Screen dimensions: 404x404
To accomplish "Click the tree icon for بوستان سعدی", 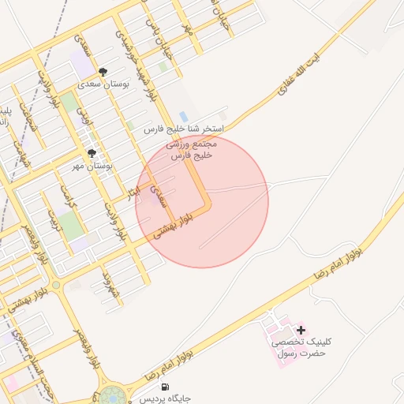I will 103,72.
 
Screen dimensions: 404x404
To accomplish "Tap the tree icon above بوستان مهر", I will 92,154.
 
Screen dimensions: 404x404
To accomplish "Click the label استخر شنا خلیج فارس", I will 185,128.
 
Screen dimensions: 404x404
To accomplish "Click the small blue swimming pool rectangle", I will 184,117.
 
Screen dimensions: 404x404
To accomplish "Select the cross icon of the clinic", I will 301,329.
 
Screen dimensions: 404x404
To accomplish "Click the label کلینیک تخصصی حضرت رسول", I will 302,347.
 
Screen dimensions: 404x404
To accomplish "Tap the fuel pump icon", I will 164,387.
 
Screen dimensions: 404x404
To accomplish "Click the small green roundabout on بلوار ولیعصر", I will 55,285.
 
